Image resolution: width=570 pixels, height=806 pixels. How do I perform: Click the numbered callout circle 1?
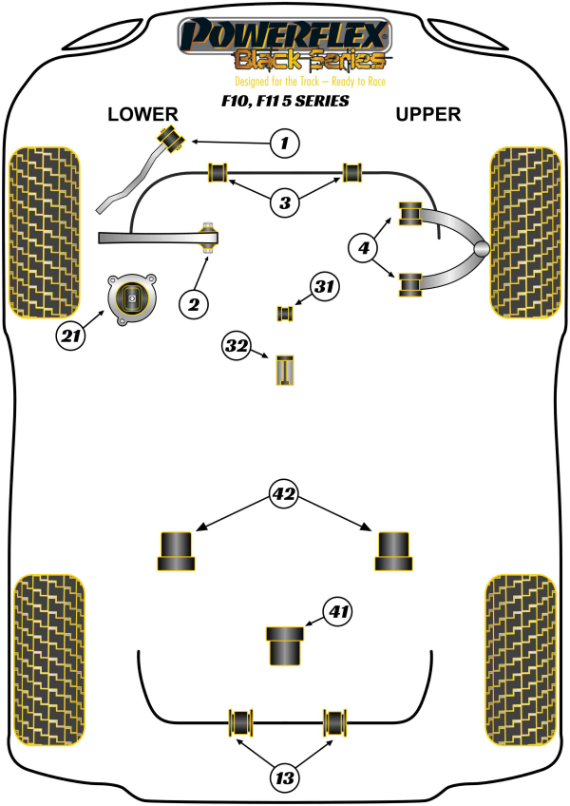(283, 144)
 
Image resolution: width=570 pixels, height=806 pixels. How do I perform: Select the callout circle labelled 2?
(193, 304)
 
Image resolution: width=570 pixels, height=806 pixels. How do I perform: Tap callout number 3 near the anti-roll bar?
(284, 201)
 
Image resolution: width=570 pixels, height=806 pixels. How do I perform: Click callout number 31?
(326, 286)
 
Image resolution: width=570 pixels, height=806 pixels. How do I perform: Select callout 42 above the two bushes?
(283, 494)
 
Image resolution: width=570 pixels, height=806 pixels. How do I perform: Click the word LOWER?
(142, 115)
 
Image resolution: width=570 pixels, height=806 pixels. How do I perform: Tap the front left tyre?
(44, 231)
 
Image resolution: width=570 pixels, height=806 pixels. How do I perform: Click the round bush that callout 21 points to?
(131, 298)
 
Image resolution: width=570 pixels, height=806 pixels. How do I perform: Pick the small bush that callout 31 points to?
(283, 312)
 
